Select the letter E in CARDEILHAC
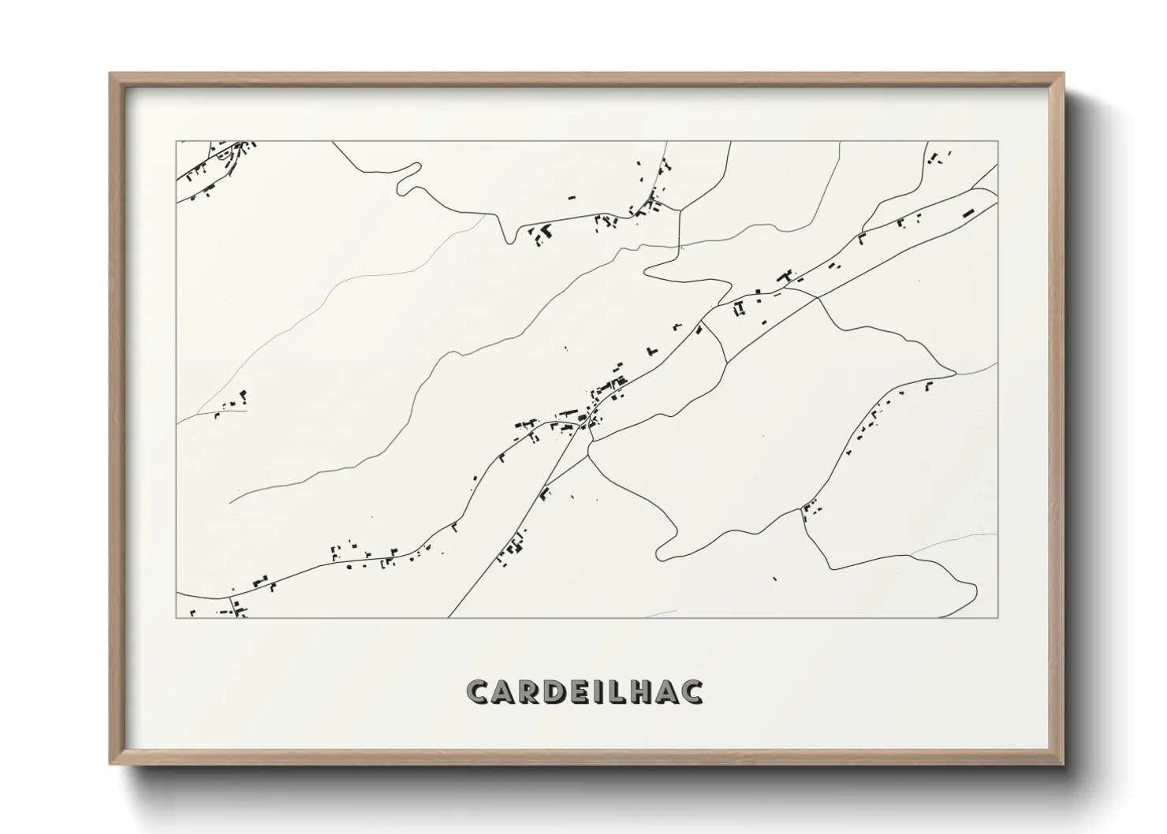pyautogui.click(x=583, y=691)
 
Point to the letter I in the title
pyautogui.click(x=602, y=691)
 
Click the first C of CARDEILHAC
pyautogui.click(x=478, y=691)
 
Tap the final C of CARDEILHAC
pyautogui.click(x=692, y=691)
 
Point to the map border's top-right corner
pyautogui.click(x=997, y=142)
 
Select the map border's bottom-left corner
pyautogui.click(x=177, y=617)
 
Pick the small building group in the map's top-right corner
pyautogui.click(x=936, y=158)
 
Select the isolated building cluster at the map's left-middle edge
pyautogui.click(x=233, y=403)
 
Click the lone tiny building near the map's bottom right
pyautogui.click(x=774, y=579)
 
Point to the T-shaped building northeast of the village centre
pyautogui.click(x=651, y=349)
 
